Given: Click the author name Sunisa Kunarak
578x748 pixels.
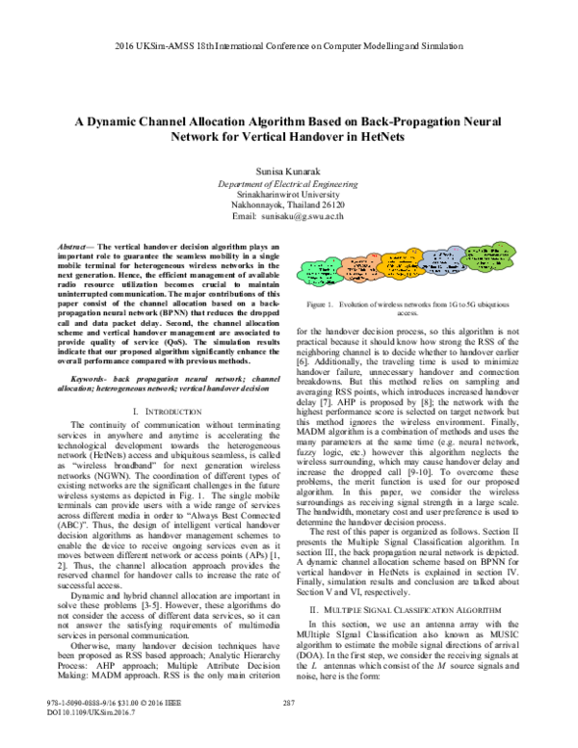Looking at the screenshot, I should click(x=288, y=168).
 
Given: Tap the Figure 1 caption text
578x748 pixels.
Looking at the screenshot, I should click(x=421, y=281).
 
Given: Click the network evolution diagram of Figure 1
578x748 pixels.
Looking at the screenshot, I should click(x=420, y=250).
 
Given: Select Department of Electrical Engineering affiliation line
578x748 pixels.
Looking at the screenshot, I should click(x=288, y=181).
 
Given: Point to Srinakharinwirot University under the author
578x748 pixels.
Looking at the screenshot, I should click(x=288, y=193).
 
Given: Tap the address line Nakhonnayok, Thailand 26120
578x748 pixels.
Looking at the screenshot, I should click(x=288, y=205).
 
